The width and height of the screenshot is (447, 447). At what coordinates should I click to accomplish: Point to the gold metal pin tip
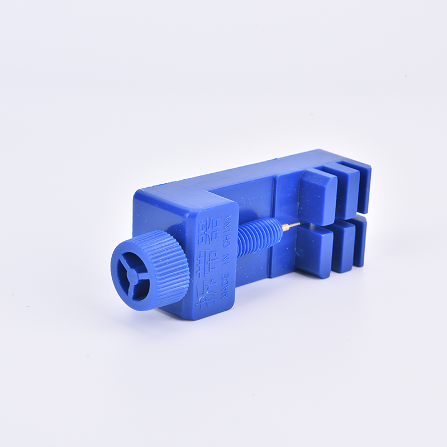[x=290, y=226]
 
